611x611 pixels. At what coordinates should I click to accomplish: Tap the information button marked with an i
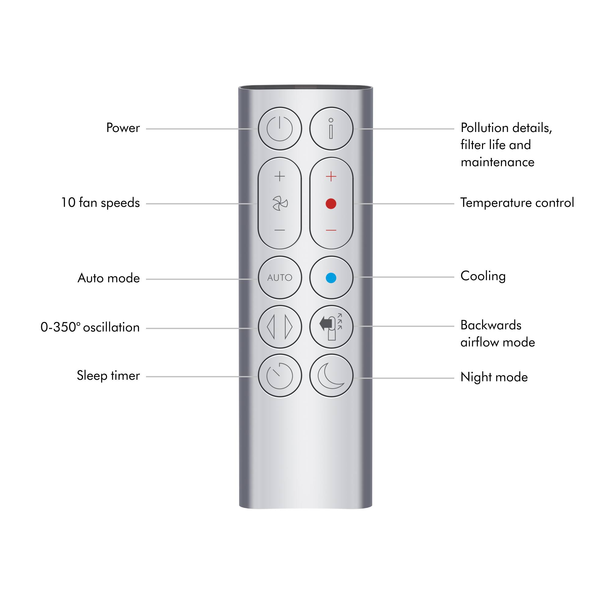(x=331, y=129)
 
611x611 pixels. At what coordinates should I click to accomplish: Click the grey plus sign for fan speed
(x=280, y=176)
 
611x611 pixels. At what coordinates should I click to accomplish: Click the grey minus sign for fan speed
(x=280, y=230)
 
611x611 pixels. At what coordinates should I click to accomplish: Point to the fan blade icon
(x=280, y=203)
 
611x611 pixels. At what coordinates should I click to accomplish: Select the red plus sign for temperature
(x=331, y=176)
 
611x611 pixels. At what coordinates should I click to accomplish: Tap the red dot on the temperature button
(x=331, y=204)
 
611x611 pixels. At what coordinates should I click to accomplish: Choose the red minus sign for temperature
(x=331, y=230)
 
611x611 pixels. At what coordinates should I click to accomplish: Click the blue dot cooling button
(x=331, y=278)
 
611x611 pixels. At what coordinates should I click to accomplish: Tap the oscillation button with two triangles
(x=280, y=327)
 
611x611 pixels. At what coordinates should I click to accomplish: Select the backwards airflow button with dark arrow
(x=331, y=327)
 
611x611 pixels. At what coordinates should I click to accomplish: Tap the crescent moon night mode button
(x=331, y=376)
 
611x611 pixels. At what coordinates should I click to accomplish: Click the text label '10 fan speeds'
(x=100, y=203)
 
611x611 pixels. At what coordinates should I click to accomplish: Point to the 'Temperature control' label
(x=517, y=203)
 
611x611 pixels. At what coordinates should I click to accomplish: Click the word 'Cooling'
(x=483, y=276)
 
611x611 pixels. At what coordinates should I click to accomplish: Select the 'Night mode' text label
(x=494, y=377)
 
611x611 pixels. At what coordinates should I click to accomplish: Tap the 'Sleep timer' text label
(x=108, y=376)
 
